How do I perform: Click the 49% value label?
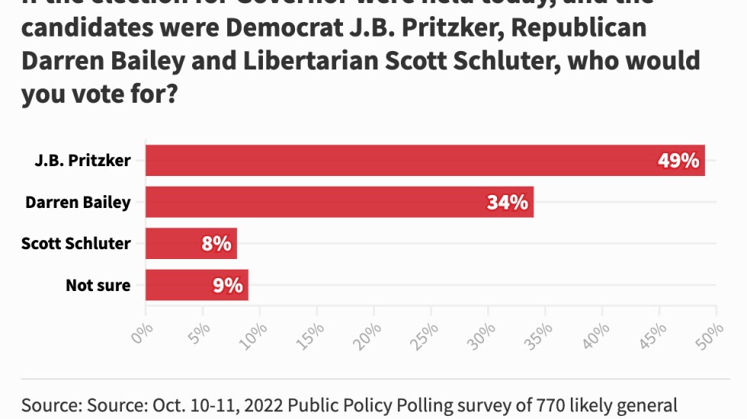click(678, 161)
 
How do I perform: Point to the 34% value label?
click(507, 203)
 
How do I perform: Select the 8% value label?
click(216, 244)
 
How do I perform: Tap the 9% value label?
click(228, 286)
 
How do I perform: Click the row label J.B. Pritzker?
click(82, 160)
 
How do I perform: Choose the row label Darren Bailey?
click(78, 202)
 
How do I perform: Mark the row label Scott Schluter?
click(76, 244)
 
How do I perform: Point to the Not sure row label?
click(98, 286)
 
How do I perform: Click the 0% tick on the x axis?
click(143, 334)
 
